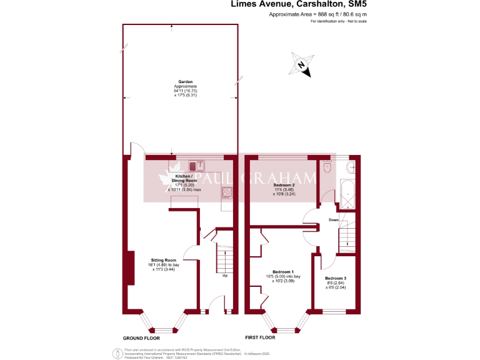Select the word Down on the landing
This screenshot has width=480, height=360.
pos(334,220)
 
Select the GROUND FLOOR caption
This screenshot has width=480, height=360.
pos(141,337)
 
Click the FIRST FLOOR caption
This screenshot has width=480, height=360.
pos(259,337)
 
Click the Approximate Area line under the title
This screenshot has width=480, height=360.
pos(317,14)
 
